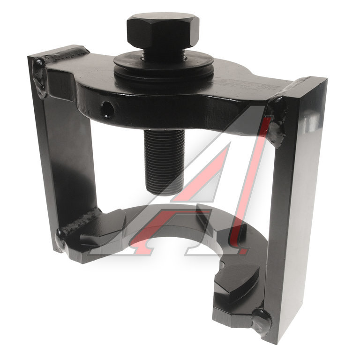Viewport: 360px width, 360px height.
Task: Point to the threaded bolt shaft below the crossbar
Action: coord(164,162)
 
